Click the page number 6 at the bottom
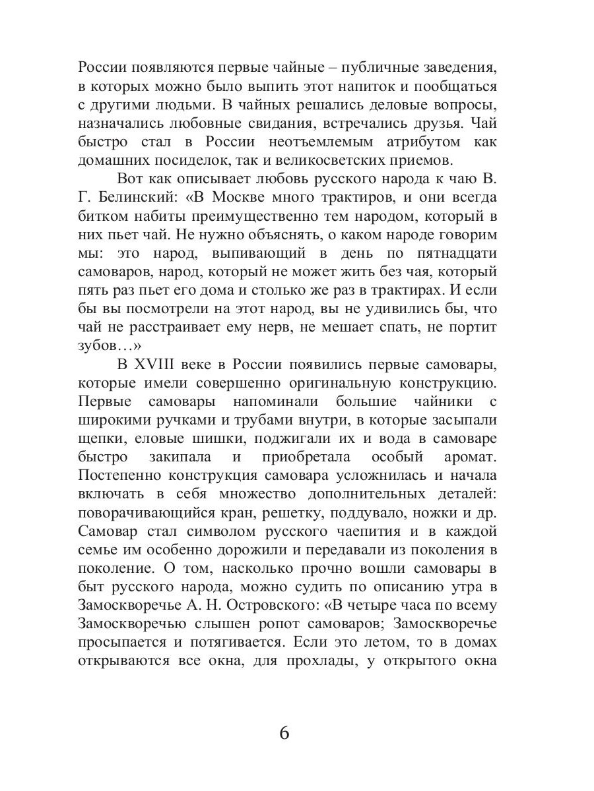[x=284, y=733]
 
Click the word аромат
[x=472, y=457]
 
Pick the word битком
[x=100, y=217]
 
